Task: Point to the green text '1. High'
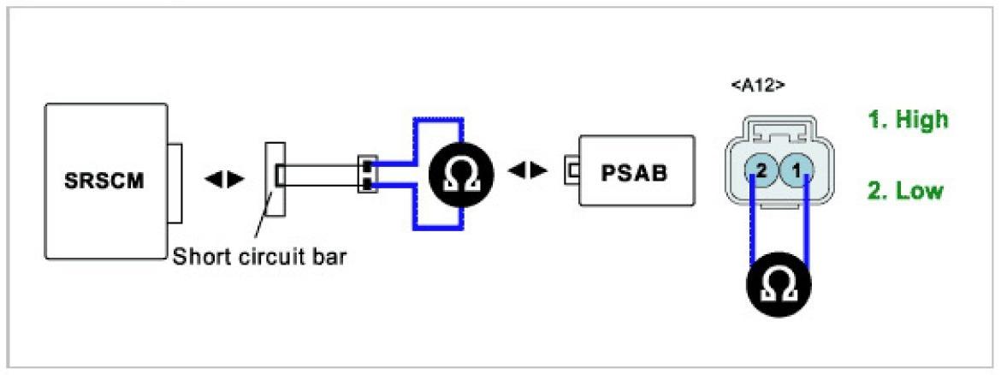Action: pos(908,120)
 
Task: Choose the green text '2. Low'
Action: pos(905,191)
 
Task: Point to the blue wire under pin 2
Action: pos(754,227)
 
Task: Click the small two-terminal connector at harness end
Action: pos(366,173)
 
